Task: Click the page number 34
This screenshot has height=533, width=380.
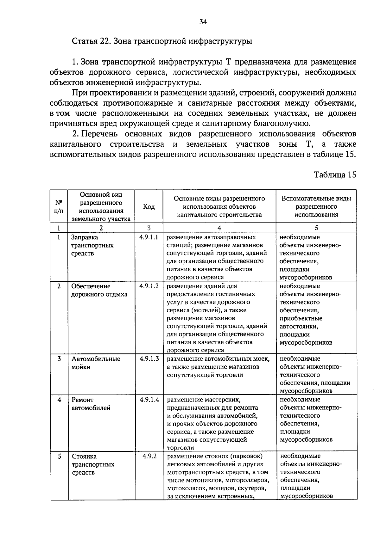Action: (x=203, y=21)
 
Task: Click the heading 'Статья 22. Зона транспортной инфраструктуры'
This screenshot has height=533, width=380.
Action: (x=162, y=41)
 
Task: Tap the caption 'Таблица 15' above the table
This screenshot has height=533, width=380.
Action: (x=335, y=175)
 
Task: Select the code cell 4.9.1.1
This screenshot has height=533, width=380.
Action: (x=149, y=237)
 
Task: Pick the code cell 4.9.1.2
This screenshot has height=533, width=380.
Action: (x=149, y=286)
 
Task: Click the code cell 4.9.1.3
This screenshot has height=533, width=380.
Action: (x=149, y=359)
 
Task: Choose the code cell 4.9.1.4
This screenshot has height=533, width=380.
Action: (x=149, y=400)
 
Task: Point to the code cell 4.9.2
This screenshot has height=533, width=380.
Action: (x=149, y=456)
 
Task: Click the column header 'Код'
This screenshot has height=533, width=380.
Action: (x=149, y=207)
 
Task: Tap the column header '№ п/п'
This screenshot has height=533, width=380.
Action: (x=59, y=207)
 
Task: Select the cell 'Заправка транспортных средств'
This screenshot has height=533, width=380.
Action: (x=92, y=245)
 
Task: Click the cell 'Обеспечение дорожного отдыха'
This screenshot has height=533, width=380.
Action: (x=99, y=290)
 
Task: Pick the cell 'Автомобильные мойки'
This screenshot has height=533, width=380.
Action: (x=96, y=363)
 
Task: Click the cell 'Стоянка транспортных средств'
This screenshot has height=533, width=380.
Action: (x=93, y=464)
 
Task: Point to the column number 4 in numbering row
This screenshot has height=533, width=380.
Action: (x=219, y=228)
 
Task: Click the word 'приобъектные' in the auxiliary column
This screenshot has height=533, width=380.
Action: (x=301, y=318)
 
